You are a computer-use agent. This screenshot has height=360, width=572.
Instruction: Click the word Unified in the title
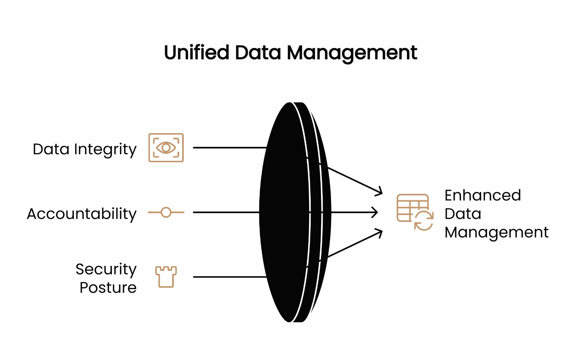196,53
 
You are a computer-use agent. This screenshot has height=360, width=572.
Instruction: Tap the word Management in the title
352,53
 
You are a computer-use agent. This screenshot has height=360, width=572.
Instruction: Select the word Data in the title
256,53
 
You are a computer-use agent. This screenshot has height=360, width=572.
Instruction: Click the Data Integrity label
85,149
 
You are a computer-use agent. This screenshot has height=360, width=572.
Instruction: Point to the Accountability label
82,214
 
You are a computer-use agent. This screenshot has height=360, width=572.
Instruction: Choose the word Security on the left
106,269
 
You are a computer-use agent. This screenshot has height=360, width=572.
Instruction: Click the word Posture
108,287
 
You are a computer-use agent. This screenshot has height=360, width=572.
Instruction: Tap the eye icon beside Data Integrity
166,148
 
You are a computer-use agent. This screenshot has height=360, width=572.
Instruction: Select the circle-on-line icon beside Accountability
166,212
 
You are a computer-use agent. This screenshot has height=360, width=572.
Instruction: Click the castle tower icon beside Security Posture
166,277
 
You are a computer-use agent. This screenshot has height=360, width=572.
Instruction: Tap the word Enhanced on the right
482,195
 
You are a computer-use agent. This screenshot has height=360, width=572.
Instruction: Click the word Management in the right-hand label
497,232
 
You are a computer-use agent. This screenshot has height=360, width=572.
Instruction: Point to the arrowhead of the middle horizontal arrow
375,212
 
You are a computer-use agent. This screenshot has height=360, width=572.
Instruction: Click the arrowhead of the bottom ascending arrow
378,232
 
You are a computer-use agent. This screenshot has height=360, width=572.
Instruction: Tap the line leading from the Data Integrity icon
228,148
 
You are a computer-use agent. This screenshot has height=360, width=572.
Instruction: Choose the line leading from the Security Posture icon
228,277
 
